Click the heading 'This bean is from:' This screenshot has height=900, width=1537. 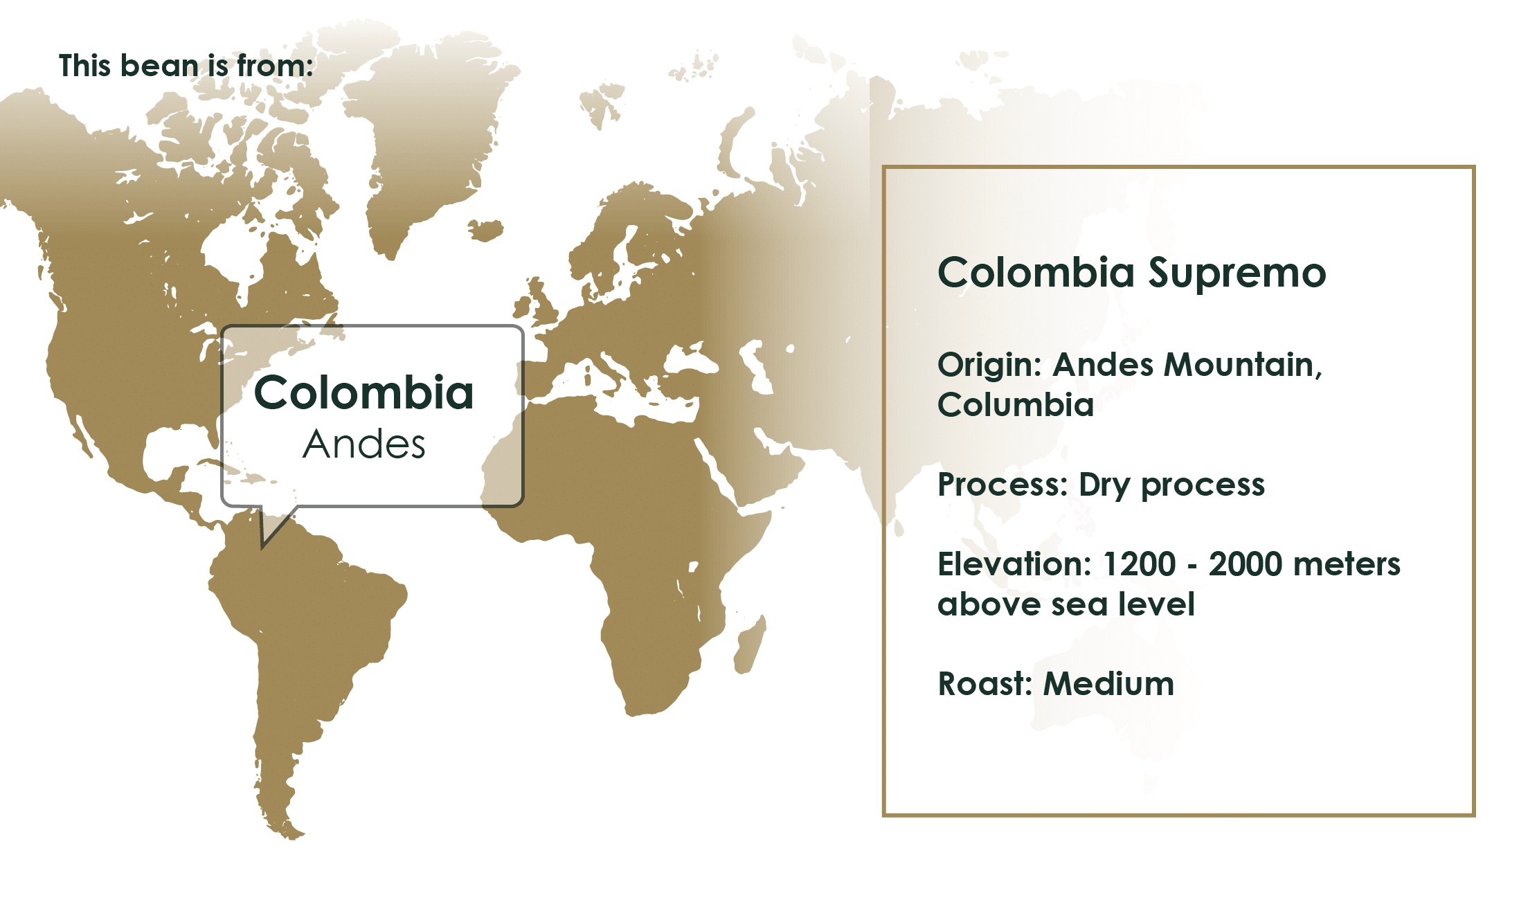[x=186, y=66]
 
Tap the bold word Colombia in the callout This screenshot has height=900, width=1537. [x=364, y=393]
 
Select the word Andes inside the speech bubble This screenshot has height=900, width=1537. [x=364, y=444]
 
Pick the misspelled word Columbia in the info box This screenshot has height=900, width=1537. [x=1016, y=404]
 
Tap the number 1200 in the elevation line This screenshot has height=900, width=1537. [x=1138, y=564]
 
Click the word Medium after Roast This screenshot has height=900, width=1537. [x=1108, y=684]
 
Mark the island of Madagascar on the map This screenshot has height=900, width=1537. [x=750, y=645]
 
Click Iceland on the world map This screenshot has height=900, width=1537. [x=486, y=230]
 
